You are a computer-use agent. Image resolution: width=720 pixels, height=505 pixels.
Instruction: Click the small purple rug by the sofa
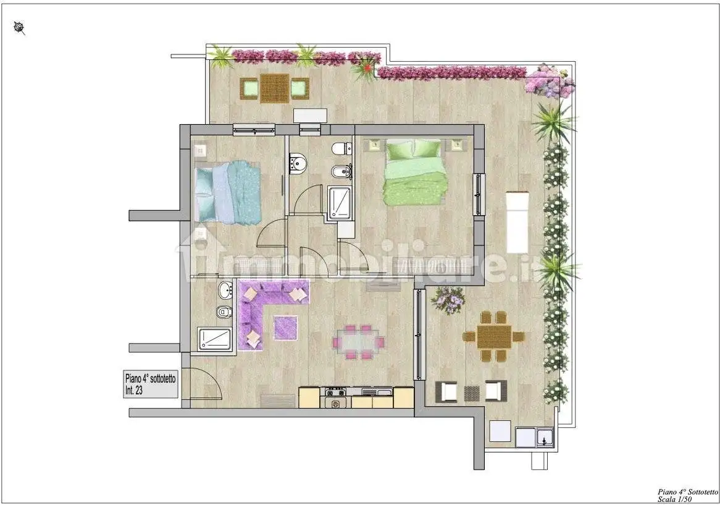286,328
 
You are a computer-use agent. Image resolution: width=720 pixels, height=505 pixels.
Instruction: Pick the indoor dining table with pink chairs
359,342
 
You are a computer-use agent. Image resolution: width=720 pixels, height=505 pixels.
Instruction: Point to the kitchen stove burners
335,393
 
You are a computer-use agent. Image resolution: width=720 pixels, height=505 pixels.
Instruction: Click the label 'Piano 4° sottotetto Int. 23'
150,384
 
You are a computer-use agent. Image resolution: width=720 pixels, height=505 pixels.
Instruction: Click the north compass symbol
20,28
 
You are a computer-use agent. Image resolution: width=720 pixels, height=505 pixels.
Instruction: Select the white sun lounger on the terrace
517,222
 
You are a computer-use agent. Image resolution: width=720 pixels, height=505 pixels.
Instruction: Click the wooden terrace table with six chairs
493,336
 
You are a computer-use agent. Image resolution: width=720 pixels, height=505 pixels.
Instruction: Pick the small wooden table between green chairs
275,88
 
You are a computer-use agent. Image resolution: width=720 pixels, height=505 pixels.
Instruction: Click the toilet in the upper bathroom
342,148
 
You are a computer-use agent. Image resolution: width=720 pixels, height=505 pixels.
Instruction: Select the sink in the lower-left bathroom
225,289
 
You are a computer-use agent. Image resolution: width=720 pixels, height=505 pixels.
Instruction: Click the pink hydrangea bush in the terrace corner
550,81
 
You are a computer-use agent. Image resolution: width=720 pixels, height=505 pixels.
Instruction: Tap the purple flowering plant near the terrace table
448,300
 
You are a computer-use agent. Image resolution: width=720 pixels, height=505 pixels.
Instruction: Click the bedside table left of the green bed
374,146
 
